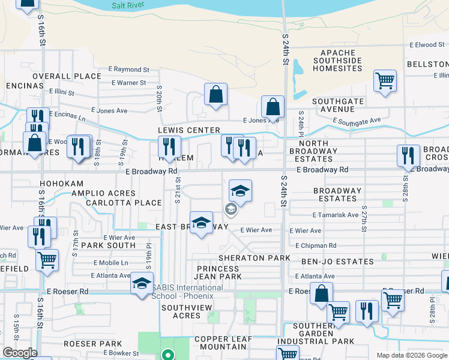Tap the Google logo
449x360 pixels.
[19, 353]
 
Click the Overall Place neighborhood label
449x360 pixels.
[67, 76]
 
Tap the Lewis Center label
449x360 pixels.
[188, 130]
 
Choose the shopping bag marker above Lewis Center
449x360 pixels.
[215, 94]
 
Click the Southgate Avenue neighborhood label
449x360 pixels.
[337, 105]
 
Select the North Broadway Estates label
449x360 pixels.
[313, 151]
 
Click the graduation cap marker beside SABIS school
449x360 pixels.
[142, 283]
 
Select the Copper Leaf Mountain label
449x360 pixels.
[223, 343]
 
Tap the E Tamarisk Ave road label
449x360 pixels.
[335, 215]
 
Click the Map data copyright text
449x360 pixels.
[411, 355]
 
